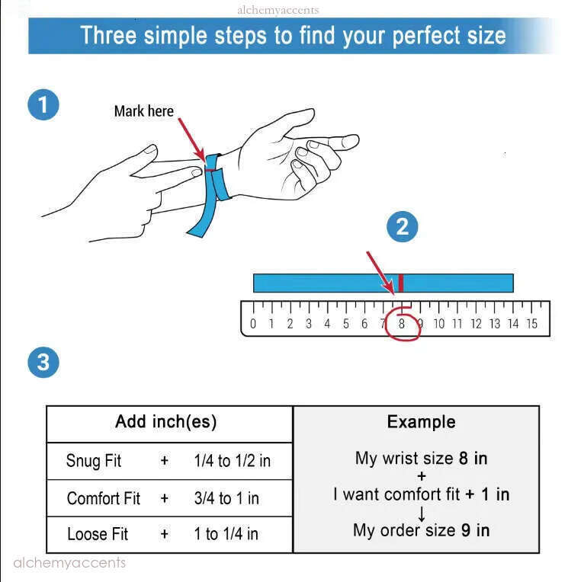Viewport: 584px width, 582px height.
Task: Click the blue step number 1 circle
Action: [x=43, y=104]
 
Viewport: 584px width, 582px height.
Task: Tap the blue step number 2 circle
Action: [x=403, y=226]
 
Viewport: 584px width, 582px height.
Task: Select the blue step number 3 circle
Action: [x=43, y=362]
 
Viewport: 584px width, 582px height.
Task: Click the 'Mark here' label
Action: [x=144, y=111]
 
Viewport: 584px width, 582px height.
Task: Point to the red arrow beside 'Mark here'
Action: [x=191, y=139]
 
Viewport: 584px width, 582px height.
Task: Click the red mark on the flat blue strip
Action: [x=401, y=283]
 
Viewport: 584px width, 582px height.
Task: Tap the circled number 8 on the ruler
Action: [x=402, y=323]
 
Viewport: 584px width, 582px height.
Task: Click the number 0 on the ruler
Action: [x=253, y=324]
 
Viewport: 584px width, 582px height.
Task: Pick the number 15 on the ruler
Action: [x=532, y=324]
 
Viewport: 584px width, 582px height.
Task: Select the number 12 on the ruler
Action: [x=476, y=324]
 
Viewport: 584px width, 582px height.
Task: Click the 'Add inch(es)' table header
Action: [x=165, y=422]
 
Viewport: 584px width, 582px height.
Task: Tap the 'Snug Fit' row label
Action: [x=94, y=461]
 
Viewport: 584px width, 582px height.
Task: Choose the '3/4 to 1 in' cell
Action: [x=226, y=498]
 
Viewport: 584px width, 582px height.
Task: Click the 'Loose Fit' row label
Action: [x=98, y=534]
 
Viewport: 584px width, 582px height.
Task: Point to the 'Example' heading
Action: [x=422, y=422]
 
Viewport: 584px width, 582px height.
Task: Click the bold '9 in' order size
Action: [x=475, y=530]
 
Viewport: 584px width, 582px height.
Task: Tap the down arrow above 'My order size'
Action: [x=422, y=514]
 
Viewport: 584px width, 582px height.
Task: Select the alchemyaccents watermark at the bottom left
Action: [x=69, y=562]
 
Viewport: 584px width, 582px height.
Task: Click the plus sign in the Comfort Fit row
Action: [x=164, y=498]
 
